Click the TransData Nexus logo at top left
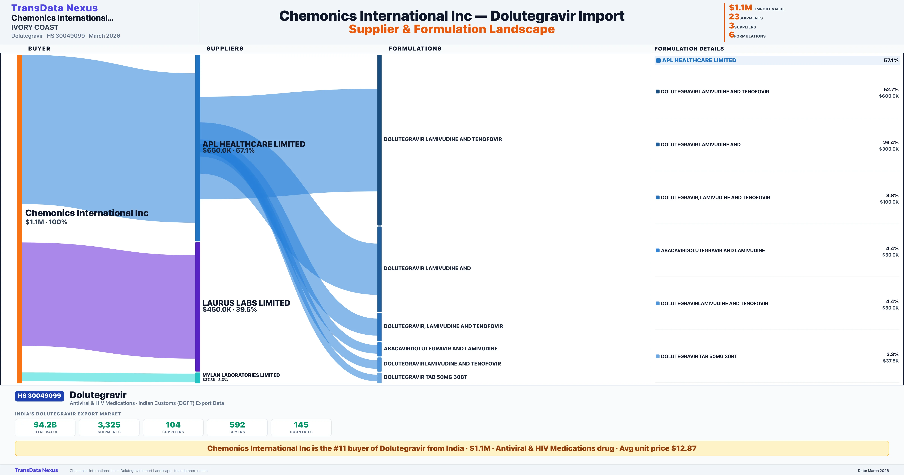click(54, 8)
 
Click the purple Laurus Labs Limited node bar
click(198, 306)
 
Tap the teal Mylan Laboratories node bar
click(198, 378)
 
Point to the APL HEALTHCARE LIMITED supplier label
click(254, 144)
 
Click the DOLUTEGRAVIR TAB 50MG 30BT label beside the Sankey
click(425, 377)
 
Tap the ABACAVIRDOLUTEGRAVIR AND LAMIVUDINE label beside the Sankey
click(441, 349)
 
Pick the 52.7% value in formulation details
click(891, 90)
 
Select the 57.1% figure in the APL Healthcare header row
click(891, 61)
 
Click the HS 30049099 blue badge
click(39, 396)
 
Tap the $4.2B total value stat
click(45, 425)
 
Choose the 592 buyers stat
click(237, 425)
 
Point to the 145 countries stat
click(301, 425)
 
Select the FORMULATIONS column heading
click(415, 48)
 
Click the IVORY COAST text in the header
click(35, 27)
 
